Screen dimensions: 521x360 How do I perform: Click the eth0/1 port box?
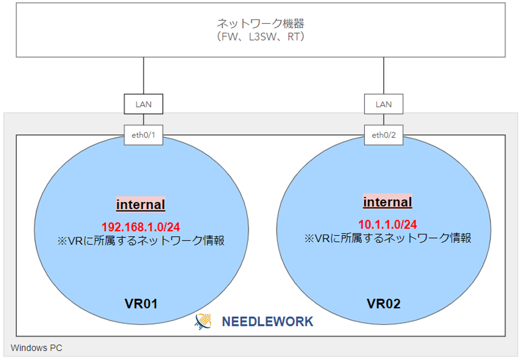143,135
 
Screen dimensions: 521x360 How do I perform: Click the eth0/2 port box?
384,135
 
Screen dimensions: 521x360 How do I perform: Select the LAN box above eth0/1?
143,104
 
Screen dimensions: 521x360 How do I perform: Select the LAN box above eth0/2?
384,104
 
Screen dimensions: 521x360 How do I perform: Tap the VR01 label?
141,304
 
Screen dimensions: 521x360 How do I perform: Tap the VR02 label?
384,304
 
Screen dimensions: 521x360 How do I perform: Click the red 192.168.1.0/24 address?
141,227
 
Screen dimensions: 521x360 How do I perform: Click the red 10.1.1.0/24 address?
387,224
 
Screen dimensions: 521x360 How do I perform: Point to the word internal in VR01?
141,204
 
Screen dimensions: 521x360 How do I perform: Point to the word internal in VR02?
387,202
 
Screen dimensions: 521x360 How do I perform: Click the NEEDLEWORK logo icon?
204,321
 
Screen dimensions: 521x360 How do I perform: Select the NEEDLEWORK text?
268,321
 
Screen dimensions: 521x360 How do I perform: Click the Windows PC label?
36,348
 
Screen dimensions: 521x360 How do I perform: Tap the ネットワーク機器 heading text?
260,23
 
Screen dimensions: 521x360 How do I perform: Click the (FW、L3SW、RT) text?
260,36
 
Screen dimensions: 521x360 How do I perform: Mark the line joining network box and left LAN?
143,75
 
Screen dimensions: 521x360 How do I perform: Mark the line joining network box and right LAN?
384,75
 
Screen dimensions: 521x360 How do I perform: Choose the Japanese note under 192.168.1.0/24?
141,241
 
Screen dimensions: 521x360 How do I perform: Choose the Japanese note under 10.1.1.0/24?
387,238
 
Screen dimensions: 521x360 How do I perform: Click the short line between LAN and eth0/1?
143,119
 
